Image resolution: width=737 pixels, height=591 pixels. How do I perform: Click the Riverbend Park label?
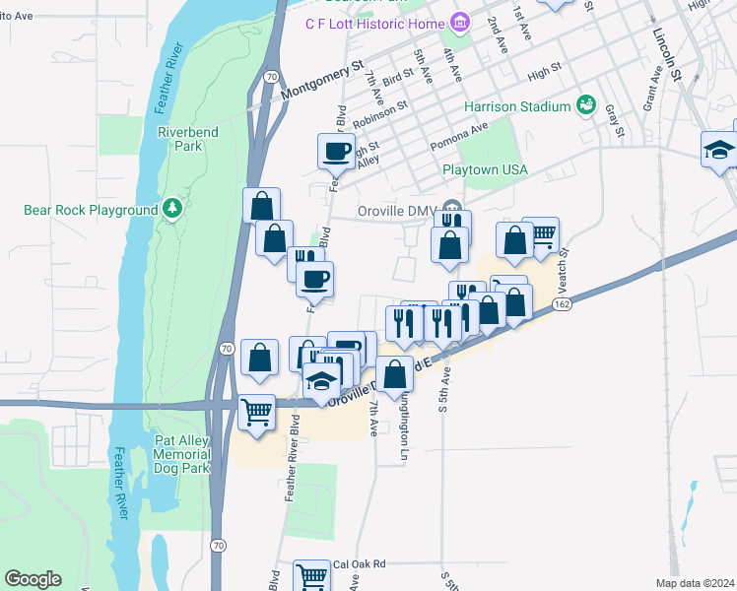(x=180, y=138)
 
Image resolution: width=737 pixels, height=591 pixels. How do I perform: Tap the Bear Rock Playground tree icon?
(x=173, y=208)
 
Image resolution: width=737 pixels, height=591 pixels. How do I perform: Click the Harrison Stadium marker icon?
(x=586, y=104)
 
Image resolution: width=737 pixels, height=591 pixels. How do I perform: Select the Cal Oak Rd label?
(x=359, y=564)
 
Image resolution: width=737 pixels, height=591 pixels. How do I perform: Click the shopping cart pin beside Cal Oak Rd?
(x=312, y=575)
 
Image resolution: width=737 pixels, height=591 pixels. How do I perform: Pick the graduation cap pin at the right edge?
(x=718, y=150)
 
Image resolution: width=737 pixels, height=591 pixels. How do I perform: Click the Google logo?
(x=33, y=579)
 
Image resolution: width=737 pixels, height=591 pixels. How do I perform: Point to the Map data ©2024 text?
(x=696, y=583)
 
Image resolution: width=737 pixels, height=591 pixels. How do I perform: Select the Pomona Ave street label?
(x=459, y=137)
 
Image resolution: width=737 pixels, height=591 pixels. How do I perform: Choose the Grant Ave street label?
(x=650, y=89)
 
